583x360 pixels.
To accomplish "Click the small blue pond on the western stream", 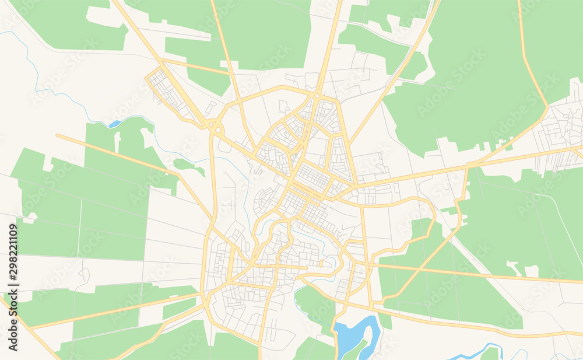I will point(114,124).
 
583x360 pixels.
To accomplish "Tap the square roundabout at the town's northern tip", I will point(317,95).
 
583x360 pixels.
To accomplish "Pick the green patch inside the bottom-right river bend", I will point(490,354).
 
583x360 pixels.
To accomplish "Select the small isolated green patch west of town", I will point(189,166).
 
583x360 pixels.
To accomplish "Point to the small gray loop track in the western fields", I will point(85,275).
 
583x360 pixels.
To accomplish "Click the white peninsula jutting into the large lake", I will point(357,333).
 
